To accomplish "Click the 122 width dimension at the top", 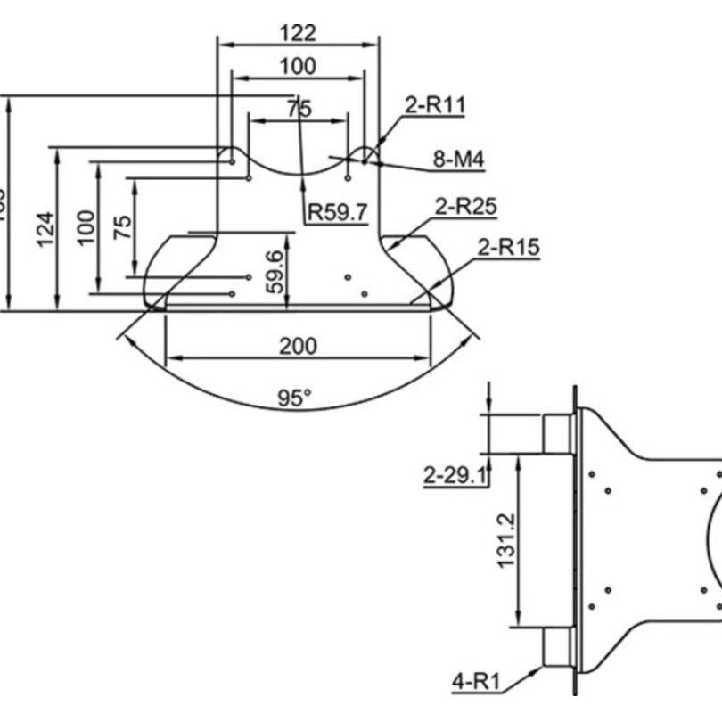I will point(298,33).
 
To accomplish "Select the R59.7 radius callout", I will point(337,212).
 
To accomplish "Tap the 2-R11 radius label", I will point(435,104).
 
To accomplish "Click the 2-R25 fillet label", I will point(465,207).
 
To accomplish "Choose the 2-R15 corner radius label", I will point(508,247).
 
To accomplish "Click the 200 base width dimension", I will point(298,346).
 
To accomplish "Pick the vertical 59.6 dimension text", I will point(275,272).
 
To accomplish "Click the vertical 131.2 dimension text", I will point(505,540).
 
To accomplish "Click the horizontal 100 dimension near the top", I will point(297,66).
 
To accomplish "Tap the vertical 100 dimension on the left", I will point(86,227).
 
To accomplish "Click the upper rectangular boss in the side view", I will point(556,433).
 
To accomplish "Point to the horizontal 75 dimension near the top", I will point(299,108).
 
